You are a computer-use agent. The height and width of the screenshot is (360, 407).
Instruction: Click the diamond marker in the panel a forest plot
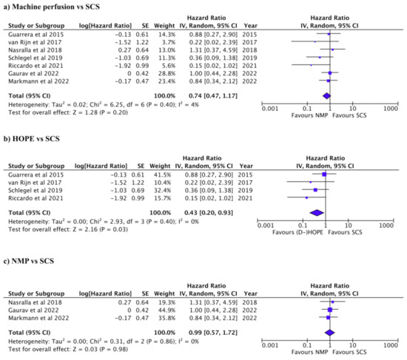click(326, 95)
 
